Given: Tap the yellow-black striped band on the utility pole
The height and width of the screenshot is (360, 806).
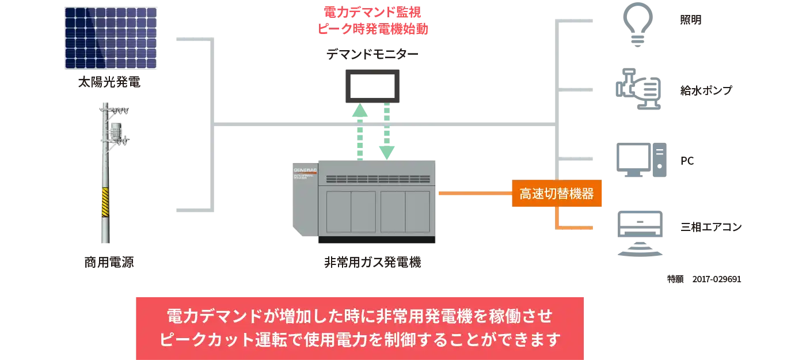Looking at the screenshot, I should (x=105, y=202).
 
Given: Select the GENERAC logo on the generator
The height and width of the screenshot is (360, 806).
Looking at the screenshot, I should (x=305, y=170).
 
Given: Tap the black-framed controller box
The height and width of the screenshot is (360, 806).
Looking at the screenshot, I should (x=373, y=87).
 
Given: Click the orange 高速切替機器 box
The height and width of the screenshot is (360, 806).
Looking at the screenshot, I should (x=556, y=194).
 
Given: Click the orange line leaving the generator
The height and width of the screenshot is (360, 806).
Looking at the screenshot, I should (x=472, y=194).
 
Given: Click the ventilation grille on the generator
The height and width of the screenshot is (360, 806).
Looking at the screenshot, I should (x=378, y=179).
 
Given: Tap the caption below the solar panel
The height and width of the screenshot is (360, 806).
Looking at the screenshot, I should (x=111, y=82).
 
